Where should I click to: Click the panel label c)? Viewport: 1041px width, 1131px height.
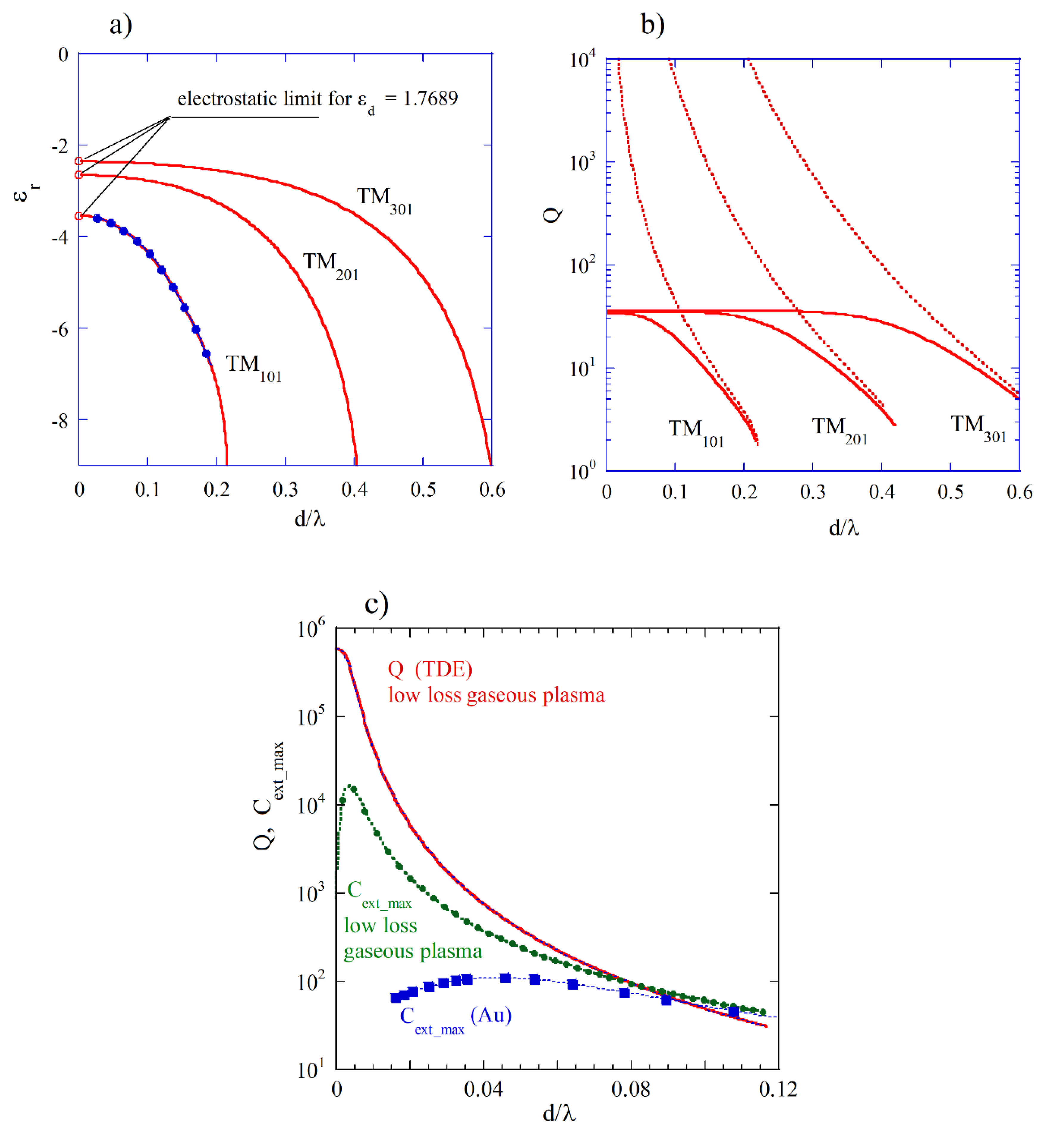click(x=376, y=603)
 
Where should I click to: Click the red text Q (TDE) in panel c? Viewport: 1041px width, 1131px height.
click(x=430, y=669)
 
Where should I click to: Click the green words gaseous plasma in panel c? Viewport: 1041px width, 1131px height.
click(x=413, y=951)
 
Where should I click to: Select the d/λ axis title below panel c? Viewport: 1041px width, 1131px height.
click(x=559, y=1113)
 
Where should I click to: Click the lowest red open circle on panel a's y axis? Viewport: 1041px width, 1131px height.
click(x=79, y=216)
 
